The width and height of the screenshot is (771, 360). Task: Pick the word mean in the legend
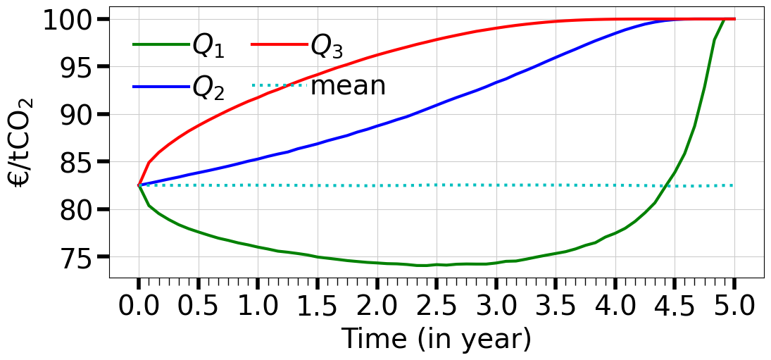click(348, 85)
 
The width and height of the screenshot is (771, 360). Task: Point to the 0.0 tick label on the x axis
click(139, 307)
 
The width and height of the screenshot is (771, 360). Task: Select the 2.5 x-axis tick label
click(437, 307)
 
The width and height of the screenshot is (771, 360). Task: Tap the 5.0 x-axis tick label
click(734, 307)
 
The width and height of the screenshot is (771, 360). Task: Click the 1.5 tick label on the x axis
click(318, 307)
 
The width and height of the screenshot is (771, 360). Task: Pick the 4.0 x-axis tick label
click(615, 307)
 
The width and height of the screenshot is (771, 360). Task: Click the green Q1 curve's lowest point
click(426, 265)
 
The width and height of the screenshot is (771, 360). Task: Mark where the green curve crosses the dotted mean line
click(665, 185)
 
